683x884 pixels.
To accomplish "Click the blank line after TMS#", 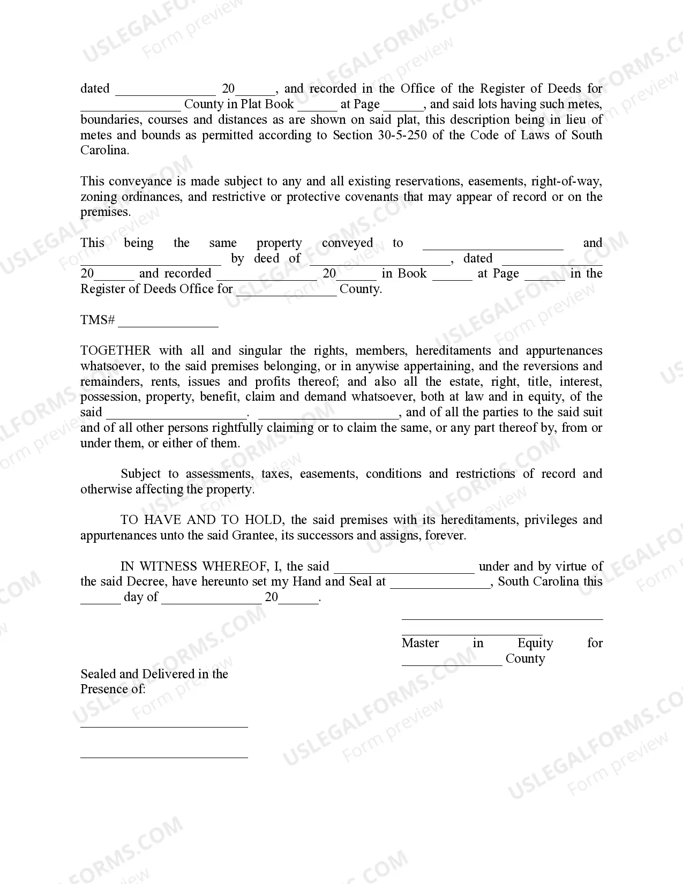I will [168, 323].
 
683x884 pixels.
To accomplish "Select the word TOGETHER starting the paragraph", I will [115, 351].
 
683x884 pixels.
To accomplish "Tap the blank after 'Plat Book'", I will [317, 106].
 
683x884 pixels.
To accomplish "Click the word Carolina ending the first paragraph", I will [104, 151].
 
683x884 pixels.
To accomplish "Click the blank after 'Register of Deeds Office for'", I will [286, 292].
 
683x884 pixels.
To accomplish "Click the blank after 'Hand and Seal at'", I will [440, 585].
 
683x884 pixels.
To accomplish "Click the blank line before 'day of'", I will [100, 600].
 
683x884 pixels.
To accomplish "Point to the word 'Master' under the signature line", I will [420, 643].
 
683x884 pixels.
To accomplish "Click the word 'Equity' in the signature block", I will [535, 643].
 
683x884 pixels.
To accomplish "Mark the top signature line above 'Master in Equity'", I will [502, 619].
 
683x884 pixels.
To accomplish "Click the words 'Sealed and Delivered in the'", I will [154, 674].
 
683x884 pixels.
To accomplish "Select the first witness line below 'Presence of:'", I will [164, 726].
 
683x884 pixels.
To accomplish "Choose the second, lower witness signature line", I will [164, 756].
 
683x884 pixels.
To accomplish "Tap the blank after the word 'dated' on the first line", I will [165, 91].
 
